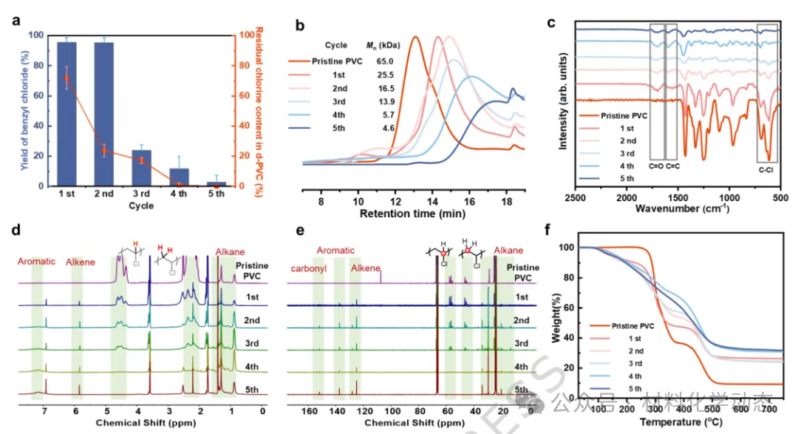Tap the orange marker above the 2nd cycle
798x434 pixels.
104,151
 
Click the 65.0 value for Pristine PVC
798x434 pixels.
384,62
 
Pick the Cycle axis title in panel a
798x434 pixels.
140,206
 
